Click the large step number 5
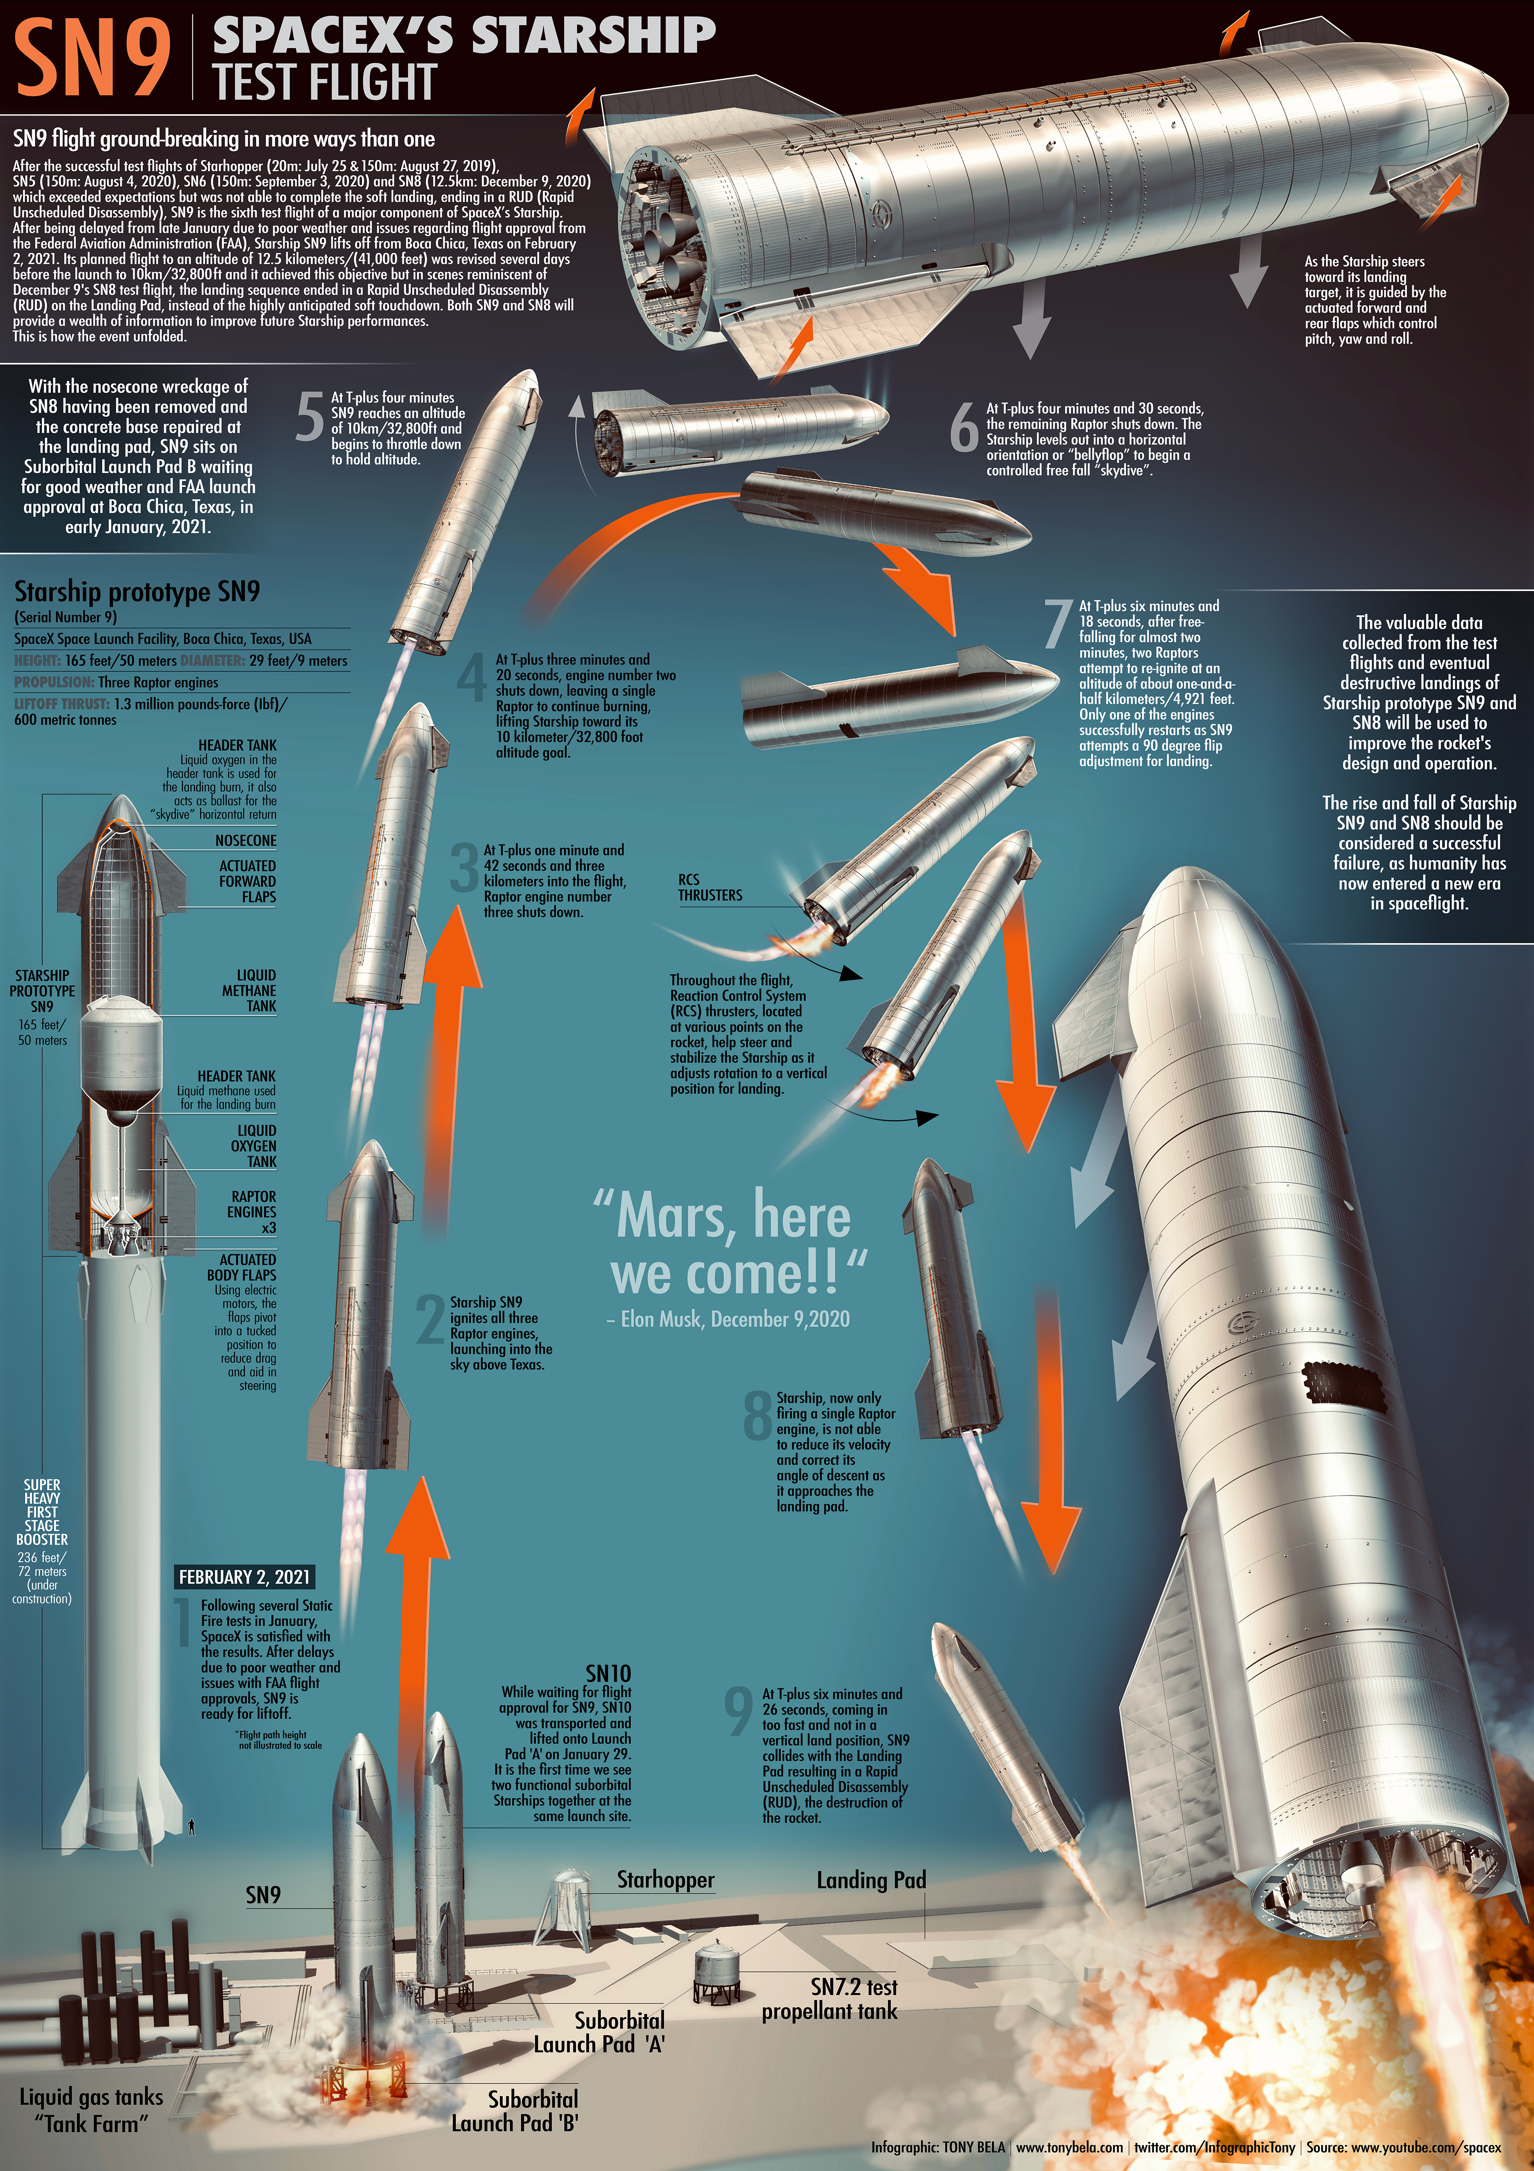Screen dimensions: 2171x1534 click(309, 418)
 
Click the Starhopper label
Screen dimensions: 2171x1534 click(665, 1880)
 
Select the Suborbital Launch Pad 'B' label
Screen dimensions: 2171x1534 click(516, 2111)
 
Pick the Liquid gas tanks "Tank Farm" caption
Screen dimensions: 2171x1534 click(92, 2109)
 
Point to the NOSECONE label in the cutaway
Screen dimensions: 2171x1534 click(246, 841)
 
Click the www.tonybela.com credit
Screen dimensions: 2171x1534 click(1070, 2147)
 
